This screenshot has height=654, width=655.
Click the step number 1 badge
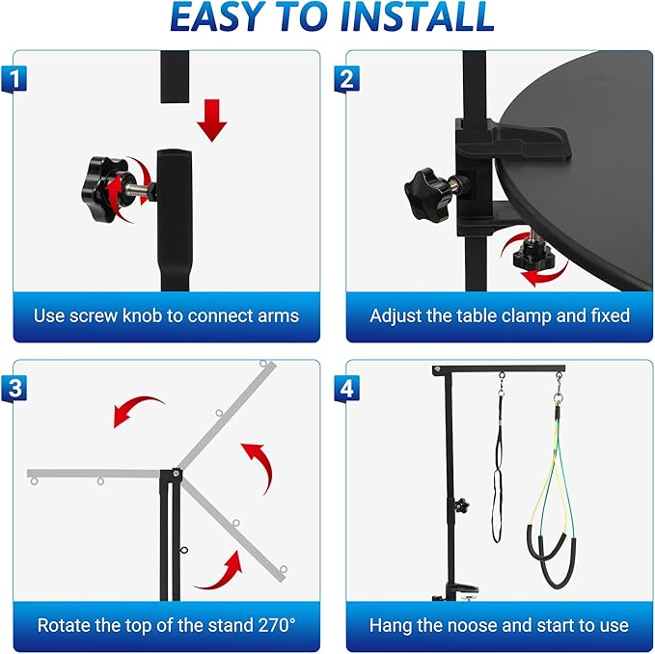pyautogui.click(x=14, y=78)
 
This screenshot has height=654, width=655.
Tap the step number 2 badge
pyautogui.click(x=346, y=78)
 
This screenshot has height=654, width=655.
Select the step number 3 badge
pyautogui.click(x=14, y=389)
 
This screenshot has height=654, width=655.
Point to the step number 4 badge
pyautogui.click(x=346, y=389)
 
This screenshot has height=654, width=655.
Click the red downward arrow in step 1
pyautogui.click(x=212, y=121)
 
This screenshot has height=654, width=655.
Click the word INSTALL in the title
pyautogui.click(x=418, y=17)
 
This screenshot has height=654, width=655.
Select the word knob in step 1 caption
pyautogui.click(x=142, y=315)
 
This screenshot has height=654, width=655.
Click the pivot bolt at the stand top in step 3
pyautogui.click(x=177, y=474)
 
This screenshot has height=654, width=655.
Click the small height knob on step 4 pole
pyautogui.click(x=461, y=505)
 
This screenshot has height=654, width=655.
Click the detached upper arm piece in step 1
pyautogui.click(x=175, y=77)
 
